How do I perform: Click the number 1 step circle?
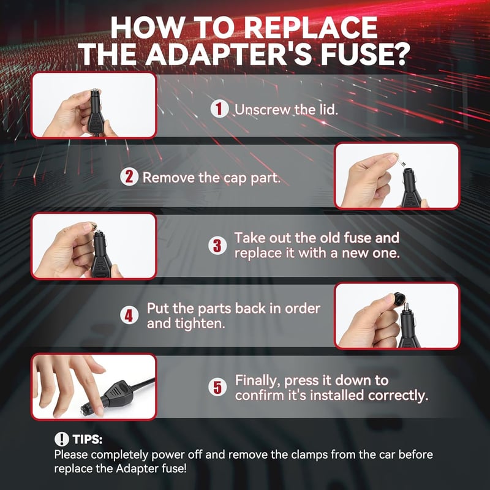pyautogui.click(x=219, y=109)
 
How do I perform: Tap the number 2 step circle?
pyautogui.click(x=129, y=177)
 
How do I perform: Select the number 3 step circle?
pyautogui.click(x=217, y=246)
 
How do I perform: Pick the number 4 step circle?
pyautogui.click(x=129, y=315)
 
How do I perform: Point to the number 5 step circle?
pyautogui.click(x=217, y=388)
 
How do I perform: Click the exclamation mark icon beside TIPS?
pyautogui.click(x=62, y=439)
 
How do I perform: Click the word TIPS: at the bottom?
pyautogui.click(x=88, y=439)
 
